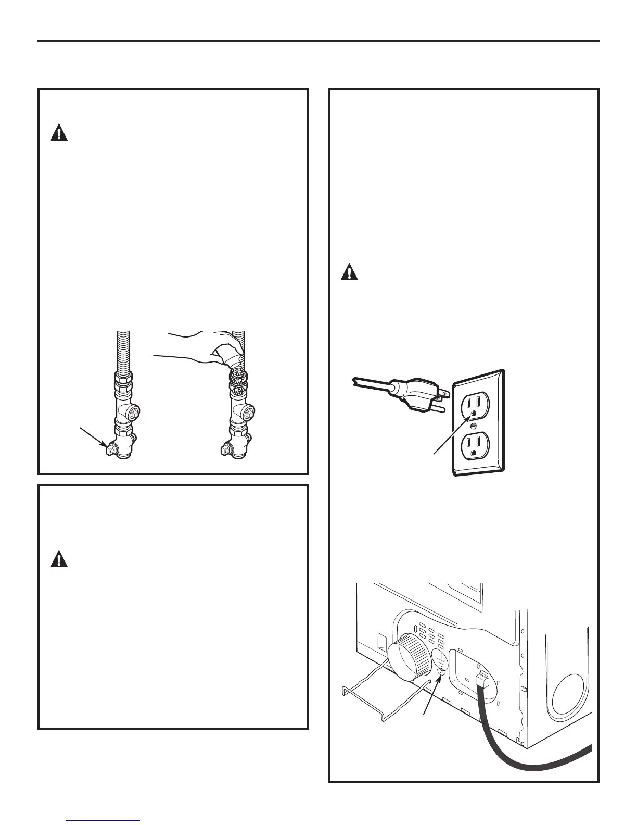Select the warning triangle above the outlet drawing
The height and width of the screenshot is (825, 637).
350,272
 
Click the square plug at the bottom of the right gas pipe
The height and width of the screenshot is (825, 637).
225,447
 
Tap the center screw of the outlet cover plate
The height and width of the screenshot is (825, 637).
473,426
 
